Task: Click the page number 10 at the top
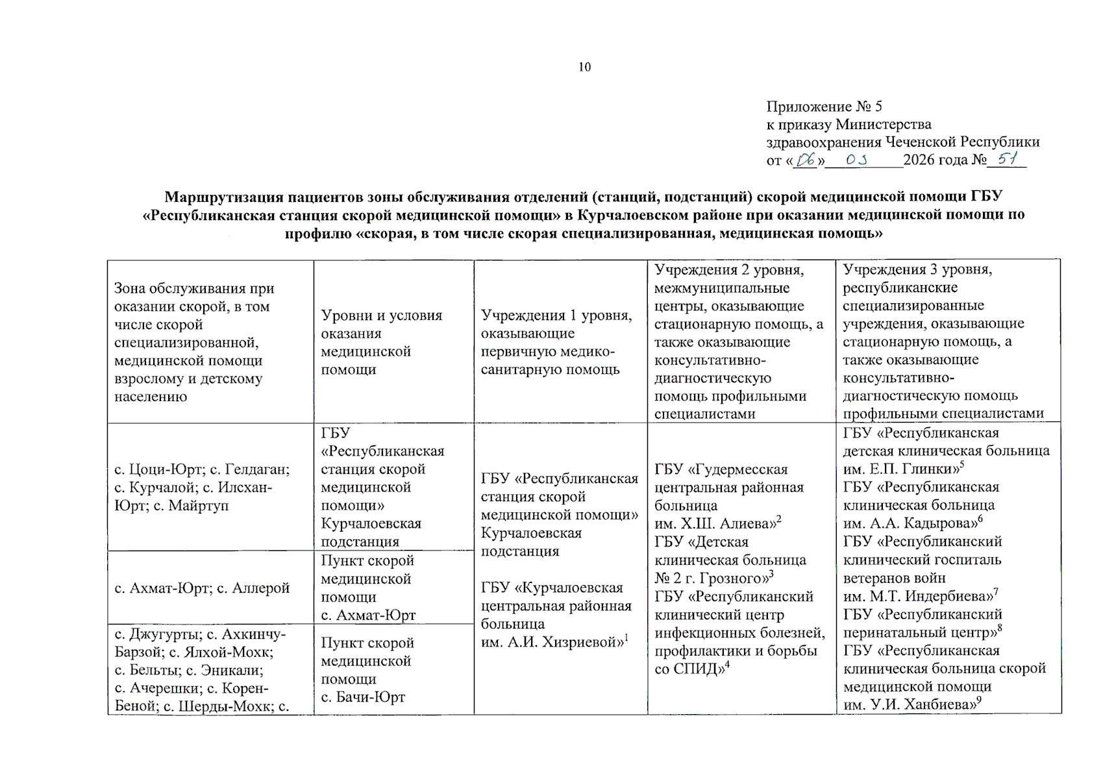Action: (x=584, y=67)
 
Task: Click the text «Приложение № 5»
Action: (x=824, y=106)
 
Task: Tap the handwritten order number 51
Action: (x=1007, y=158)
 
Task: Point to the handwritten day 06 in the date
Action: (x=806, y=160)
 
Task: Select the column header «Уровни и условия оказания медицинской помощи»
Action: (x=381, y=342)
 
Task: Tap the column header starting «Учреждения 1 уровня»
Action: (x=556, y=342)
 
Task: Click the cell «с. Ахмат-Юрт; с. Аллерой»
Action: (x=202, y=588)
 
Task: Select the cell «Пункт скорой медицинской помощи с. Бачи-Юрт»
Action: (x=367, y=670)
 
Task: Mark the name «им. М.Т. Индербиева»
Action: (x=917, y=596)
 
